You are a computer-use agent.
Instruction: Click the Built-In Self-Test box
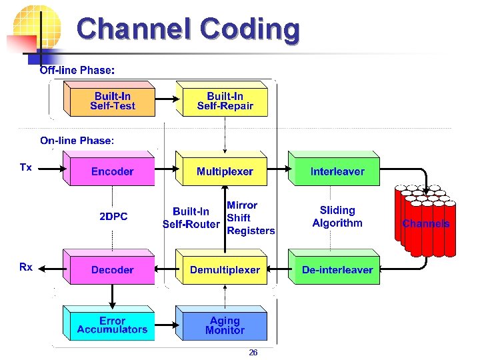(112, 101)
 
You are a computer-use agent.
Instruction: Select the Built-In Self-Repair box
(225, 101)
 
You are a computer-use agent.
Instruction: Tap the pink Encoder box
(112, 171)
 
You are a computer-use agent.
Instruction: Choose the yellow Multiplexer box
(225, 171)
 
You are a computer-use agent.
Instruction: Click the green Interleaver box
(337, 171)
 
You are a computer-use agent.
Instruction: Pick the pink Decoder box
(112, 270)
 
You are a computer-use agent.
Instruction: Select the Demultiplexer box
(225, 270)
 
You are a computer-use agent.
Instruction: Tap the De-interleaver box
(337, 270)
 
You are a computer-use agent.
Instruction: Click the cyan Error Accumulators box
(112, 325)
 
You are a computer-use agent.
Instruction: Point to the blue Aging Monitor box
(225, 325)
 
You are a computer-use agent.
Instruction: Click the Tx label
(25, 167)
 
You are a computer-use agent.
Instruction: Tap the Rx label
(25, 267)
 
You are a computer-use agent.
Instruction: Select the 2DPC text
(113, 217)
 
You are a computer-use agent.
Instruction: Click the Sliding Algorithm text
(337, 217)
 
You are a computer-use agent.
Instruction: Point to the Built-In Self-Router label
(191, 218)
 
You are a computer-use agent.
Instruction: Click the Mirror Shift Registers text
(250, 218)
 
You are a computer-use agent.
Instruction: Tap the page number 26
(253, 353)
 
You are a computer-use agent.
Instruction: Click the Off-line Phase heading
(77, 70)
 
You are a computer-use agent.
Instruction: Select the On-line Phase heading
(77, 140)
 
